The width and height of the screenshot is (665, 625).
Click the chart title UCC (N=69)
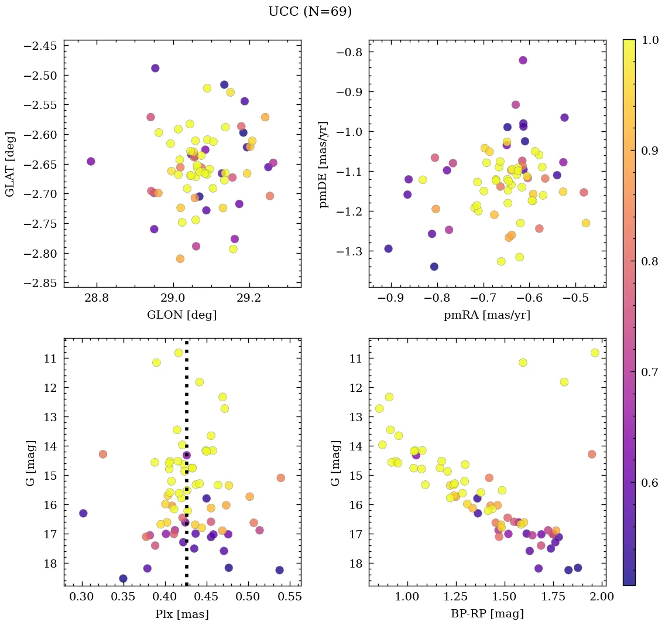coord(310,12)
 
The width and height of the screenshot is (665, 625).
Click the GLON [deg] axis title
coord(181,315)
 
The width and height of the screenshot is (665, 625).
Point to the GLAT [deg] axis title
coord(10,163)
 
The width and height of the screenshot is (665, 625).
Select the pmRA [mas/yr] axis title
coord(487,315)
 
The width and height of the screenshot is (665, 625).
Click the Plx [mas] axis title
coord(181,614)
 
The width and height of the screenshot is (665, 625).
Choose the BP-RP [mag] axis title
coord(487,614)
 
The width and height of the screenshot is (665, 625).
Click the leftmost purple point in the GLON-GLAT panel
coord(91,161)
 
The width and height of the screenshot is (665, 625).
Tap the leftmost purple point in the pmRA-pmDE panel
coord(388,248)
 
